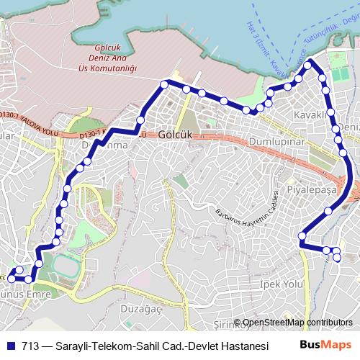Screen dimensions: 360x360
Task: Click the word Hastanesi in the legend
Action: [x=241, y=345]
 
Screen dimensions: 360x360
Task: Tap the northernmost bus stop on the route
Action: [x=308, y=65]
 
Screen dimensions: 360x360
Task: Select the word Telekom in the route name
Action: [x=121, y=345]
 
